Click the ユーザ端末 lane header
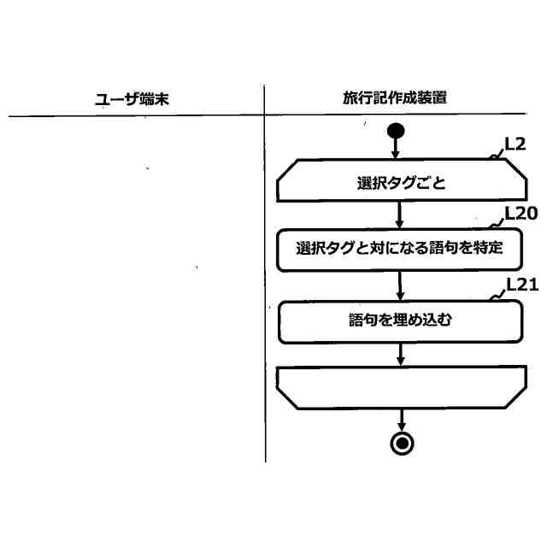(x=132, y=98)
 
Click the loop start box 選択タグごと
(x=402, y=181)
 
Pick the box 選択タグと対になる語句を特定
(x=399, y=249)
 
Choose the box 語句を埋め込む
(x=400, y=321)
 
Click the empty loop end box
(x=402, y=387)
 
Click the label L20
(x=521, y=213)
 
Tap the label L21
(x=521, y=285)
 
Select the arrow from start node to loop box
(x=396, y=149)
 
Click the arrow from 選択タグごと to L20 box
(x=400, y=214)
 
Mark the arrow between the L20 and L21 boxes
(x=400, y=285)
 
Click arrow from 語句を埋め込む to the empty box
(x=400, y=354)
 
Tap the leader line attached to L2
(x=497, y=155)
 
